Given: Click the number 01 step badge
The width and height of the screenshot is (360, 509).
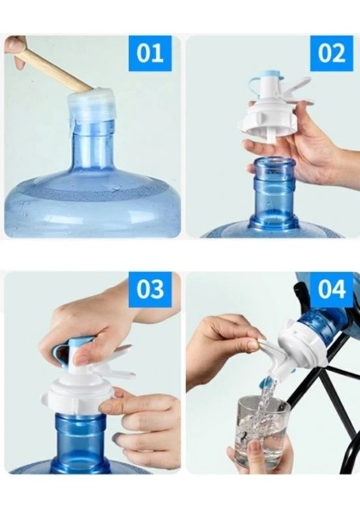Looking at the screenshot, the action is point(149,53).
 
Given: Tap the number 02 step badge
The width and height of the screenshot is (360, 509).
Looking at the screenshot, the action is point(331,53).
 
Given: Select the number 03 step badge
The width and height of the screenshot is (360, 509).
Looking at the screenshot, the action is point(149,289).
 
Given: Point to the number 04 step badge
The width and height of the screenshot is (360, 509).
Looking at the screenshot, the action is point(331,289).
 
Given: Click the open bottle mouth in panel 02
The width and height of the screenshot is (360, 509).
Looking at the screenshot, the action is point(274,163).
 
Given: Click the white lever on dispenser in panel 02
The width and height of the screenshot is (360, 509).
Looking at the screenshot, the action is point(298,92).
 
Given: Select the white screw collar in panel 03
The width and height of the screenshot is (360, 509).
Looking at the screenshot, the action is point(78,395).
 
